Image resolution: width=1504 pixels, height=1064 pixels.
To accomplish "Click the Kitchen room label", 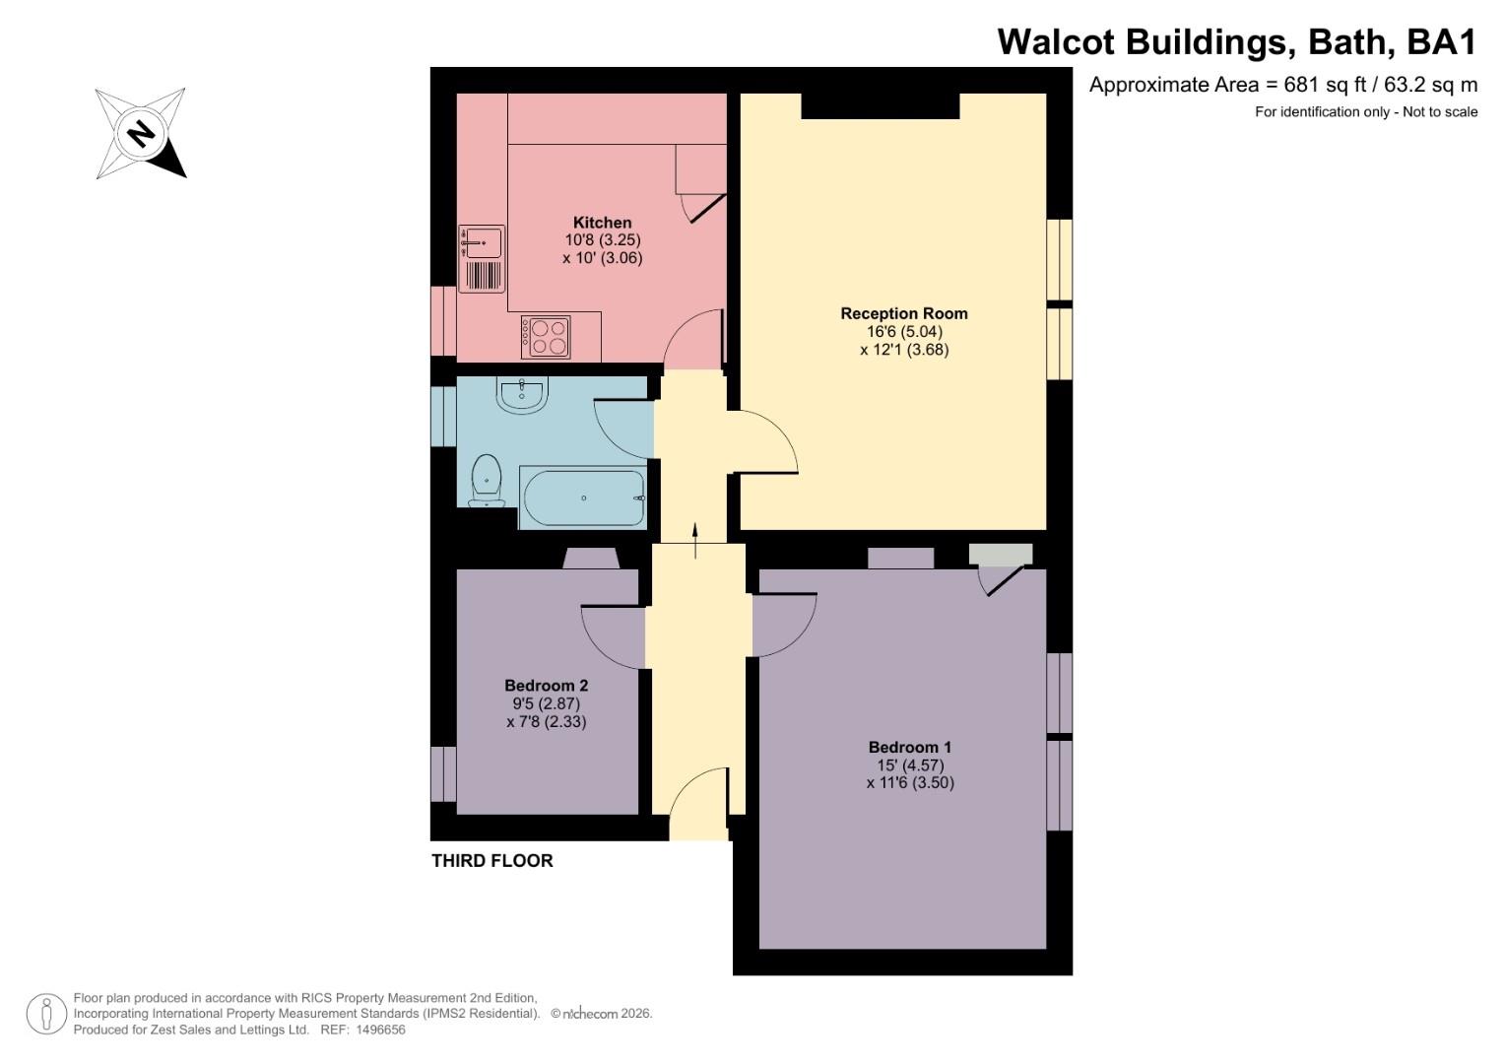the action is (602, 223).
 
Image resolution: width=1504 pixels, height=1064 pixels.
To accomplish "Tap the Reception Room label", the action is (904, 313).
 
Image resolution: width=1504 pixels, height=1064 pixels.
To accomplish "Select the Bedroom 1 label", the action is (910, 747).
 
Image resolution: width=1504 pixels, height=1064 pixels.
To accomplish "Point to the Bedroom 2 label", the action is (546, 686).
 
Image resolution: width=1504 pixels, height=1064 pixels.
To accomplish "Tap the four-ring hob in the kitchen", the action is (546, 337).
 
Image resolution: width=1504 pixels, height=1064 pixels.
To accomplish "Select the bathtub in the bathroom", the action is (582, 498).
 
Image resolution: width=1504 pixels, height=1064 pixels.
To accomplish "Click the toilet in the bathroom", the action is (487, 481).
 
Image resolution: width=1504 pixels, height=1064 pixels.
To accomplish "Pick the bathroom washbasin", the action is (522, 394).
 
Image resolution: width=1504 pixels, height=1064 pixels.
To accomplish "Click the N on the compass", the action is (141, 132).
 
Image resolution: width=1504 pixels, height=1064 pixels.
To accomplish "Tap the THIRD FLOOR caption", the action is (492, 860).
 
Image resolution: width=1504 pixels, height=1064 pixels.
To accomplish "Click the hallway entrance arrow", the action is (695, 541).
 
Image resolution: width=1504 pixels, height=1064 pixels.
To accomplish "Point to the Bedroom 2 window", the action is (443, 773).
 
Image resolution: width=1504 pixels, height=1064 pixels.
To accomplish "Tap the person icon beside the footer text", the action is (46, 1014).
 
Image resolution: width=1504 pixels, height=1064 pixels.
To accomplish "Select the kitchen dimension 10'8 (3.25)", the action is (602, 239).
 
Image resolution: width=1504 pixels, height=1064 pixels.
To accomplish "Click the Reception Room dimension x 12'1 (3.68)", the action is (904, 350).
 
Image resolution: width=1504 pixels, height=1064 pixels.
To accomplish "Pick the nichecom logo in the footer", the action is (589, 1014).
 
